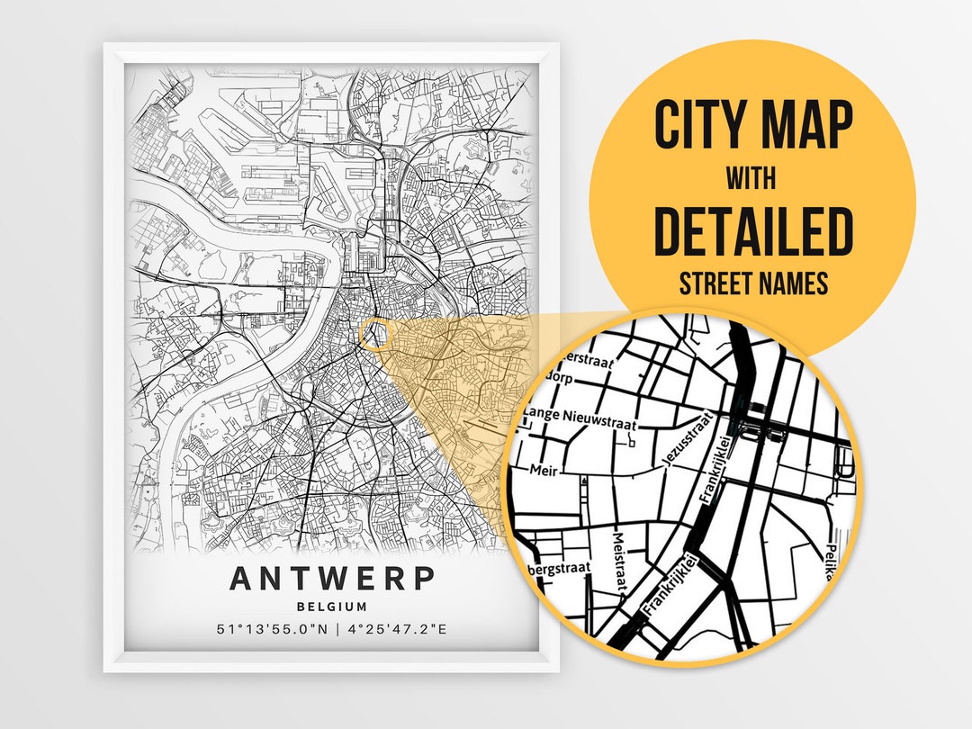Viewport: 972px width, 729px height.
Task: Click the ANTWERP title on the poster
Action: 332,578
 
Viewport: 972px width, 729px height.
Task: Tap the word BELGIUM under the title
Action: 332,607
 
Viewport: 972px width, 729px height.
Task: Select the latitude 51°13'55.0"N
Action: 274,629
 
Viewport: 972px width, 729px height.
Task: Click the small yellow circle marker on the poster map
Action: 376,335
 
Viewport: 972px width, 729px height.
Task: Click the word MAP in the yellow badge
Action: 805,125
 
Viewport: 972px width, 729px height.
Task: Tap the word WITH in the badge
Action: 752,178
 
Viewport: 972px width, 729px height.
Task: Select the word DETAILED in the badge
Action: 752,231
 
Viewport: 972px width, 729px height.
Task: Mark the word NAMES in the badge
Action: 793,284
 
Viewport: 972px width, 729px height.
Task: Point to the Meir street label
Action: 543,470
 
